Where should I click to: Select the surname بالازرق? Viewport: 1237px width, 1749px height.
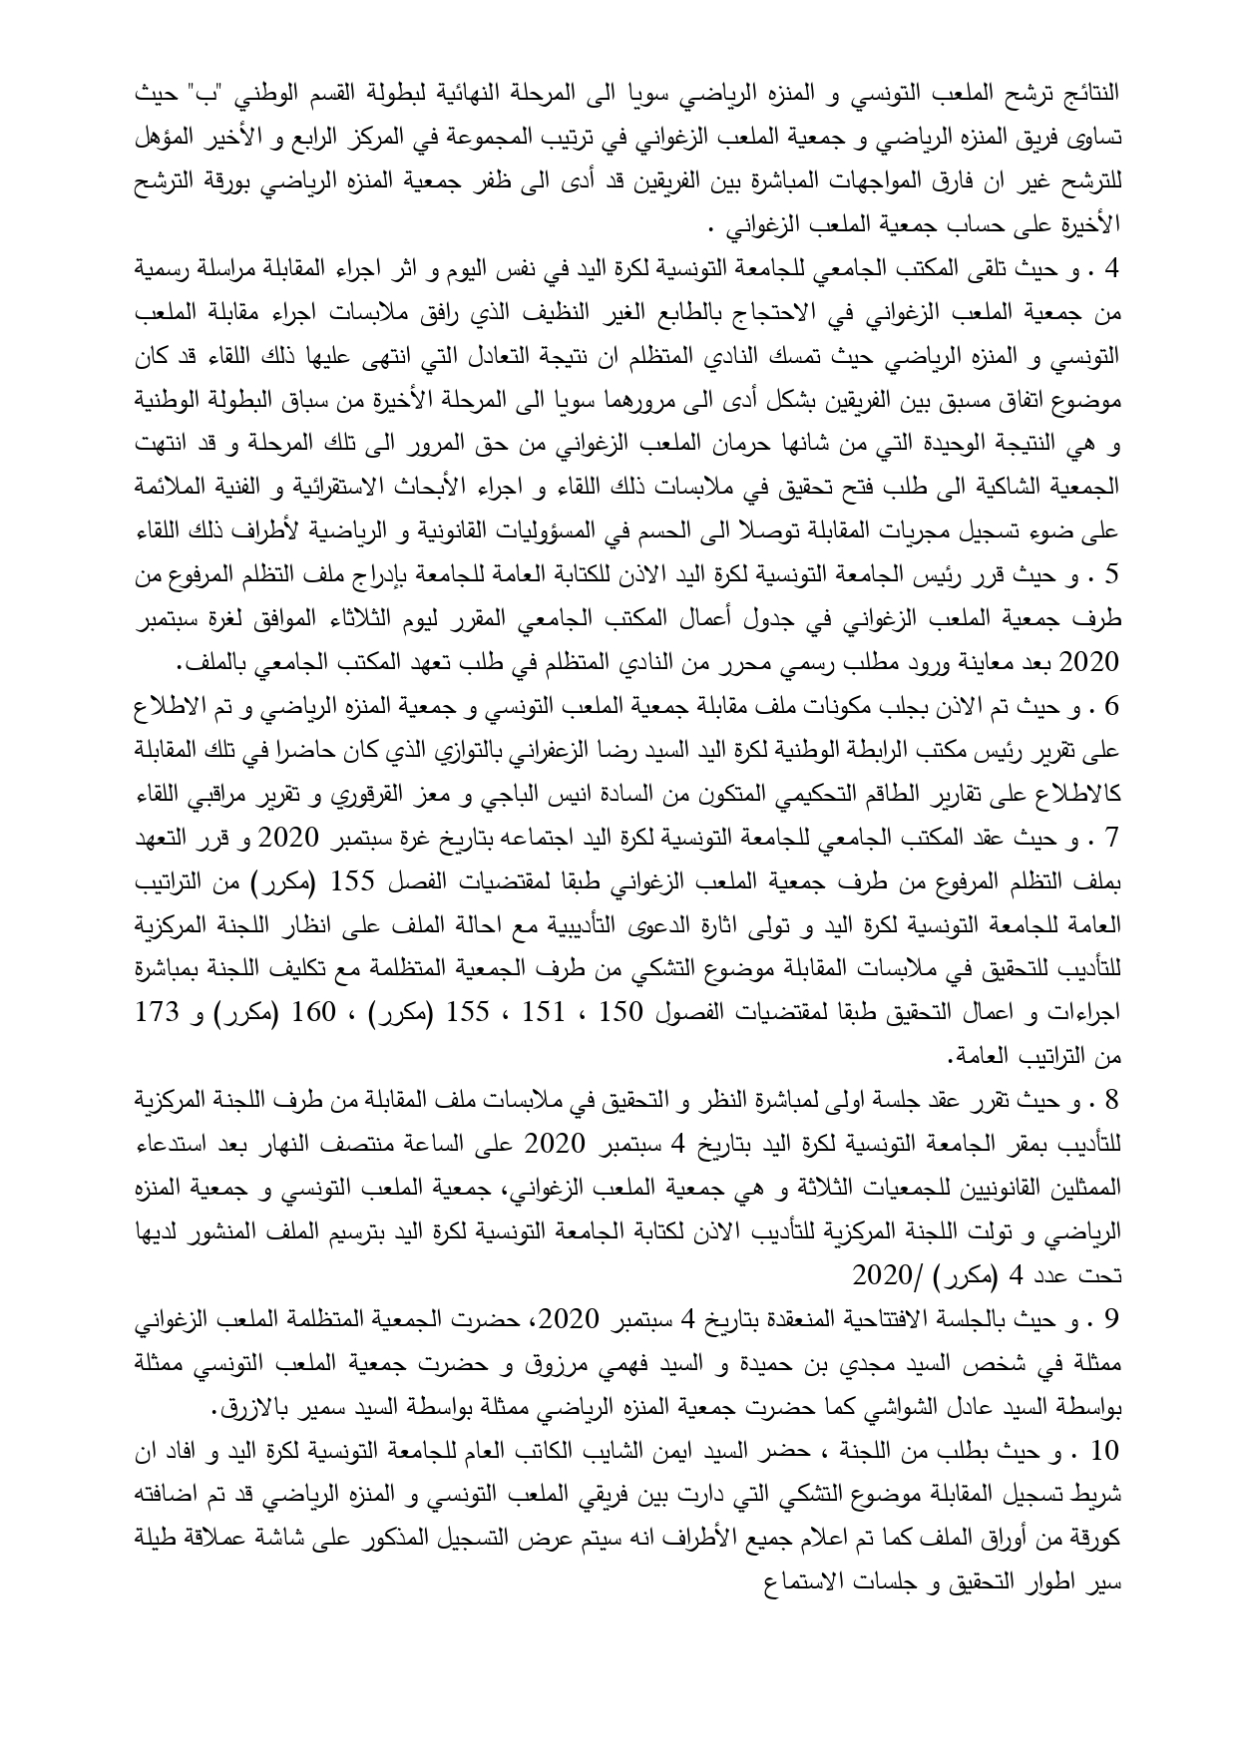click(x=262, y=1411)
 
